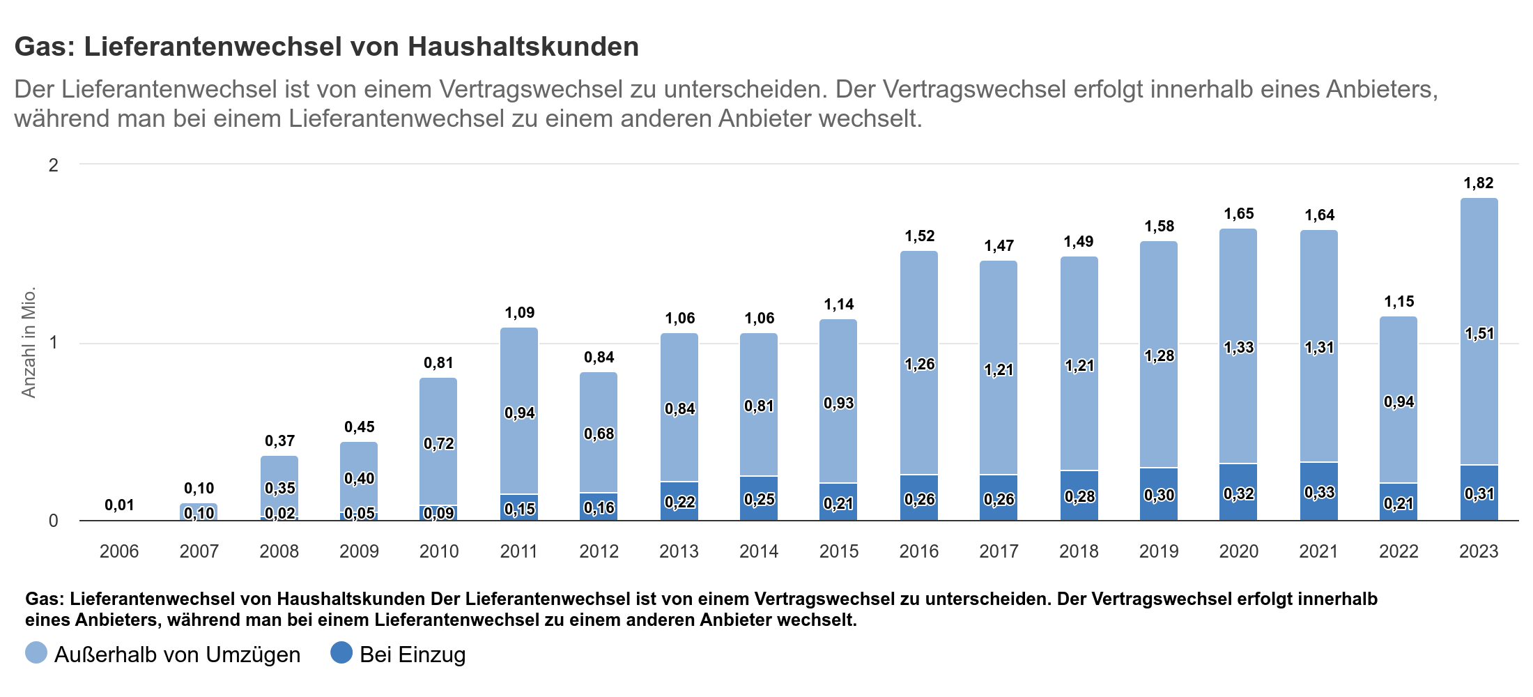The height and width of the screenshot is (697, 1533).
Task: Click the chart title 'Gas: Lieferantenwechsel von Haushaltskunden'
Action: [x=326, y=47]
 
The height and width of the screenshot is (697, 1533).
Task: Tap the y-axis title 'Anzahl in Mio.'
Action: [x=28, y=342]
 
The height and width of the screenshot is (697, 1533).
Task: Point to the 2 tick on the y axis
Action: [x=53, y=165]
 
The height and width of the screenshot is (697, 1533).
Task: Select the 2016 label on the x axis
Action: [x=918, y=551]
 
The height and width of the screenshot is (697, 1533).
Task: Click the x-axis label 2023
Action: [x=1479, y=551]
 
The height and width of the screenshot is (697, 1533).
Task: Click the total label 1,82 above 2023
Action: [x=1479, y=183]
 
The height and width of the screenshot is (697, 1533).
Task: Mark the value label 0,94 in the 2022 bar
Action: [x=1399, y=402]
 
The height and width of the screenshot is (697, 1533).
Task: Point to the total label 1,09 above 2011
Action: [x=519, y=313]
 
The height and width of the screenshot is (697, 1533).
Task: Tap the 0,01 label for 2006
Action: [x=119, y=505]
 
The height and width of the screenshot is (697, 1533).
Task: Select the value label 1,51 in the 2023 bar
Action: [x=1479, y=334]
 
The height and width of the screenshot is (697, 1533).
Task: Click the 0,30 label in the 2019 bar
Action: [x=1159, y=496]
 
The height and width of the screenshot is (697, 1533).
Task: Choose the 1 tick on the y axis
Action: [x=53, y=343]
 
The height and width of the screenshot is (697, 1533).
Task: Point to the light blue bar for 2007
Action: [x=199, y=508]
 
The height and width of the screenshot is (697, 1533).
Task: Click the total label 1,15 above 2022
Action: [x=1399, y=302]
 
